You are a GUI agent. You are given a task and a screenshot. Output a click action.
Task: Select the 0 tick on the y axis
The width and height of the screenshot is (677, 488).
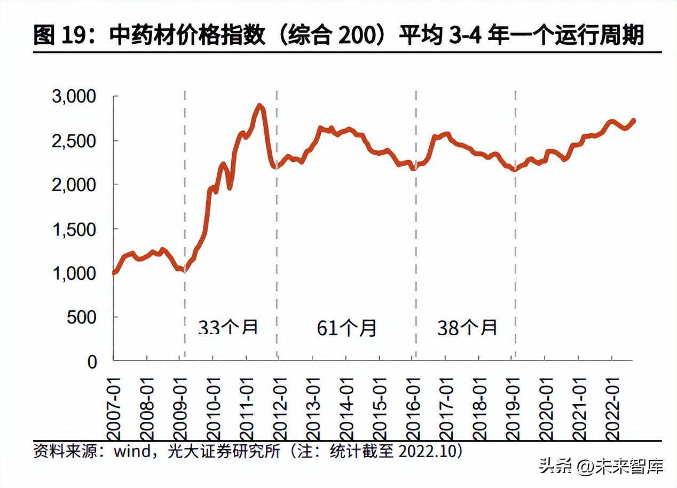pyautogui.click(x=93, y=361)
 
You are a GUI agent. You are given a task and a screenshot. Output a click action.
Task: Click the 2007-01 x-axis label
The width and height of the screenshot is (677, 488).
pyautogui.click(x=114, y=406)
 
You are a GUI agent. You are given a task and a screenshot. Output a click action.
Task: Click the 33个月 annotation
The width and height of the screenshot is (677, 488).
pyautogui.click(x=228, y=327)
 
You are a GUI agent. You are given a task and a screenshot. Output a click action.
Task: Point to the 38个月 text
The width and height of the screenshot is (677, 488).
pyautogui.click(x=467, y=327)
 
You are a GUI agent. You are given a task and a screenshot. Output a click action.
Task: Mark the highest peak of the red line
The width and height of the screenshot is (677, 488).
pyautogui.click(x=260, y=105)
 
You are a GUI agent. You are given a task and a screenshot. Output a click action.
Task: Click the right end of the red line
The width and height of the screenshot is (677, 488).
pyautogui.click(x=634, y=120)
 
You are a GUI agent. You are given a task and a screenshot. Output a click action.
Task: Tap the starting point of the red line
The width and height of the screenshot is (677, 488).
pyautogui.click(x=114, y=273)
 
